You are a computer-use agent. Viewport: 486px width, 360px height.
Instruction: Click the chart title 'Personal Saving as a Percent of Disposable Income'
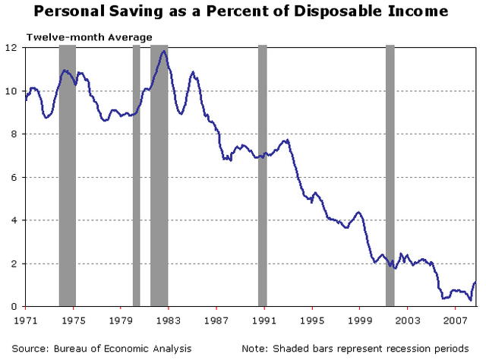tap(243, 12)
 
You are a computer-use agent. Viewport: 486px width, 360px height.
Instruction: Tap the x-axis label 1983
tap(169, 321)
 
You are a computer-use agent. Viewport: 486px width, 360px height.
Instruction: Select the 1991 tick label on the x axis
tap(264, 321)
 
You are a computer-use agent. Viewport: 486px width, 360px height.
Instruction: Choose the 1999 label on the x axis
tap(360, 321)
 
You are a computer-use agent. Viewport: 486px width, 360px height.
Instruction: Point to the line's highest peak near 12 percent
tap(163, 52)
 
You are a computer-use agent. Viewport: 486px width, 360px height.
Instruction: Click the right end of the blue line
tap(475, 283)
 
